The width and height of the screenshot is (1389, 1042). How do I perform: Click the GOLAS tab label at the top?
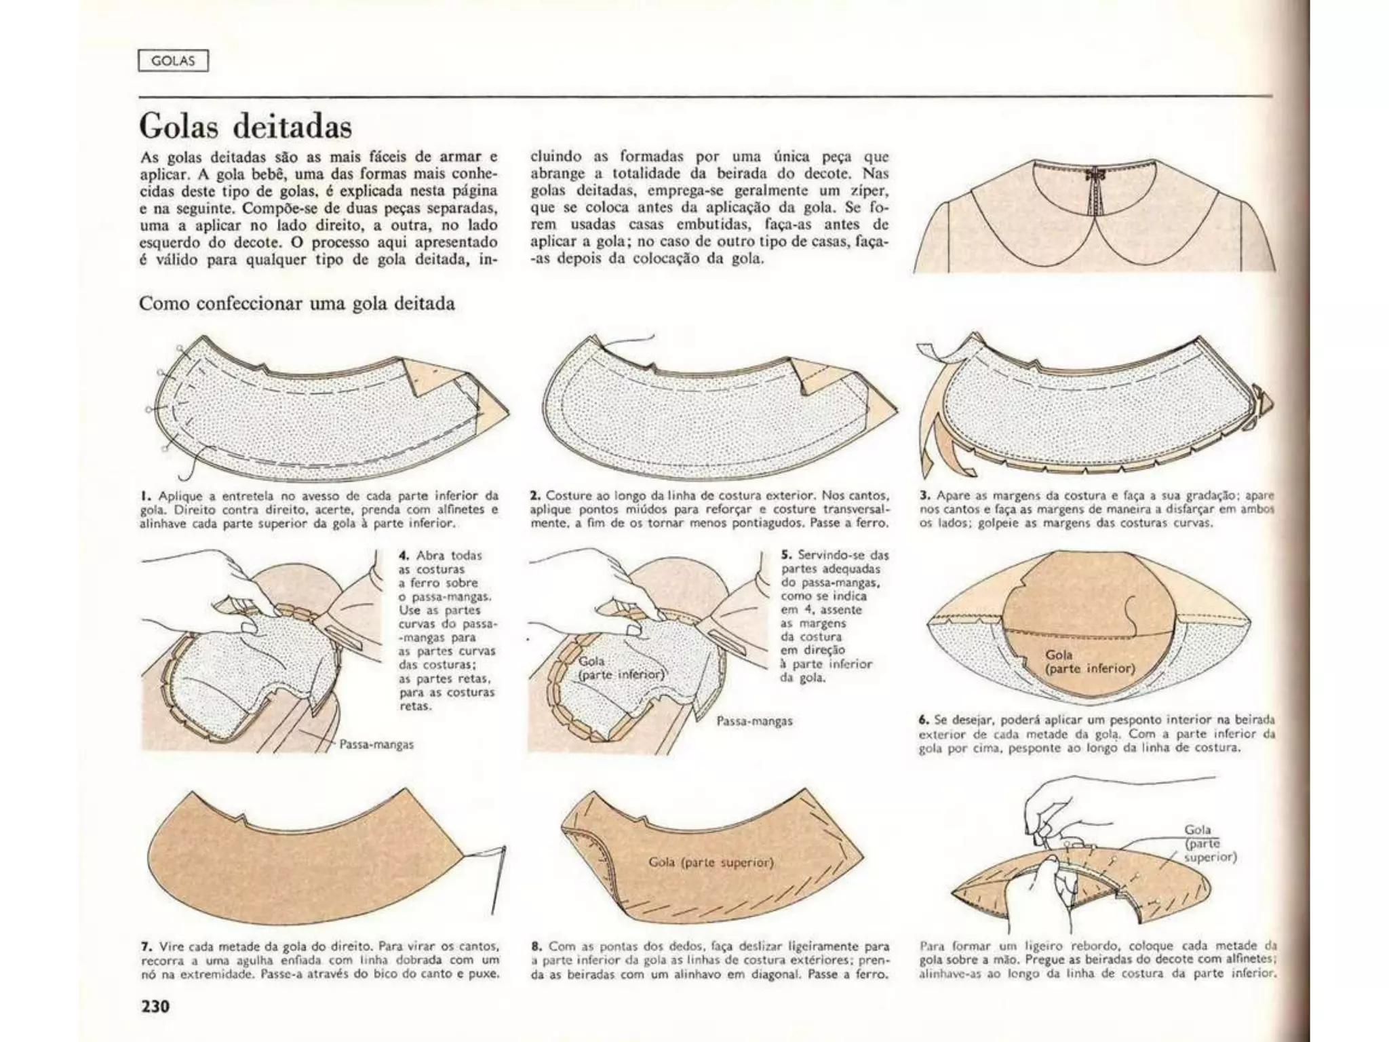(x=173, y=61)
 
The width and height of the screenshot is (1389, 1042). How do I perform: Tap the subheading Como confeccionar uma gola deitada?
(x=296, y=303)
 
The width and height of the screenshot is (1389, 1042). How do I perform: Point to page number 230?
(x=155, y=1005)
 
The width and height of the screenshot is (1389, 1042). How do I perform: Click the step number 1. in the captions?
(x=144, y=496)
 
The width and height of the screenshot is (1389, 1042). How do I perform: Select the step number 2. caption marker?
(x=535, y=496)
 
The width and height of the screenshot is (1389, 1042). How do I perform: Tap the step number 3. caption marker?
(x=924, y=496)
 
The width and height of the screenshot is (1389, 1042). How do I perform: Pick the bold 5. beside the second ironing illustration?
(x=786, y=555)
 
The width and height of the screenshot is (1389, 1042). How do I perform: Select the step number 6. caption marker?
(x=924, y=720)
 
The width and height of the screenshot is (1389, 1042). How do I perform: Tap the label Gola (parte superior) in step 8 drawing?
(x=711, y=862)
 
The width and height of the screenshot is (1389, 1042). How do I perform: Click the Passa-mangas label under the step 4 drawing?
(x=376, y=744)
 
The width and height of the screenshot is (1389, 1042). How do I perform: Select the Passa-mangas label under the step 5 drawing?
(x=754, y=721)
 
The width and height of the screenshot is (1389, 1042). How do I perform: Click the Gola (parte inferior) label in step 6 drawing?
(x=1089, y=661)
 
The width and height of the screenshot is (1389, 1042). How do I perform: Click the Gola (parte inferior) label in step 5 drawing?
(x=621, y=668)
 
